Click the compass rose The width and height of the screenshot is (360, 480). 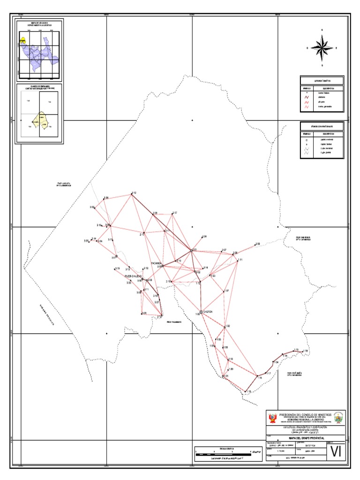pyautogui.click(x=322, y=47)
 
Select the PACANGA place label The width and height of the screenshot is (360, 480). pyautogui.click(x=157, y=263)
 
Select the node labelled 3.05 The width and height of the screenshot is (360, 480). pyautogui.click(x=89, y=241)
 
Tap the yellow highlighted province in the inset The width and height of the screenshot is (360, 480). pyautogui.click(x=23, y=41)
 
